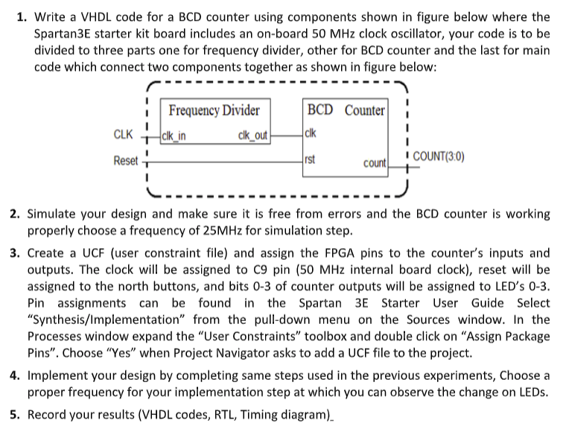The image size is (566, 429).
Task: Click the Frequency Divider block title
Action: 214,111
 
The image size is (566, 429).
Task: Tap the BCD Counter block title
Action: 346,111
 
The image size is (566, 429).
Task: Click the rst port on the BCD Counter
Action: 311,159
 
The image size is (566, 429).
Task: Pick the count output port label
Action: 375,163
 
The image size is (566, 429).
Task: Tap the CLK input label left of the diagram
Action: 124,136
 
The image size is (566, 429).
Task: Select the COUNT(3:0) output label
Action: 439,156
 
